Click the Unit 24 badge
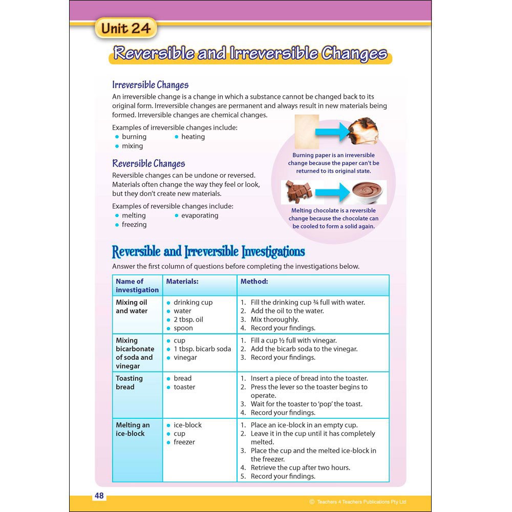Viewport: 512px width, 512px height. tap(125, 29)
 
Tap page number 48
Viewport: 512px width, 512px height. tap(99, 496)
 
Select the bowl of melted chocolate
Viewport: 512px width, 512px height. tap(369, 193)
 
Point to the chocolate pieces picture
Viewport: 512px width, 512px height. tap(298, 193)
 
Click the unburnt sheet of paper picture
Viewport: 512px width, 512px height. tap(307, 132)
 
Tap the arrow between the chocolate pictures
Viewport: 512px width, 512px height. tap(333, 193)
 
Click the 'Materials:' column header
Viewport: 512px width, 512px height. tap(182, 281)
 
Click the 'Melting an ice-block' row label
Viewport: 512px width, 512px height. tap(133, 429)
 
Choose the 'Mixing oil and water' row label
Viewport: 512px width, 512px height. tap(132, 307)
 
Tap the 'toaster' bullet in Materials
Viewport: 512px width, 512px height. tap(184, 387)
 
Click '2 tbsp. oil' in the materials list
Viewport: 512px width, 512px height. tap(188, 319)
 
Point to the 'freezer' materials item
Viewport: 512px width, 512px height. tap(184, 442)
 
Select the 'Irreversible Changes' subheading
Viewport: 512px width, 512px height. tap(150, 85)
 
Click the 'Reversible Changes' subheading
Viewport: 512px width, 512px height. tap(148, 164)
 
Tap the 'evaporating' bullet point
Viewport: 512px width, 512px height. tap(200, 216)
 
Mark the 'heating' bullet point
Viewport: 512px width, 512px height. tap(193, 137)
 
